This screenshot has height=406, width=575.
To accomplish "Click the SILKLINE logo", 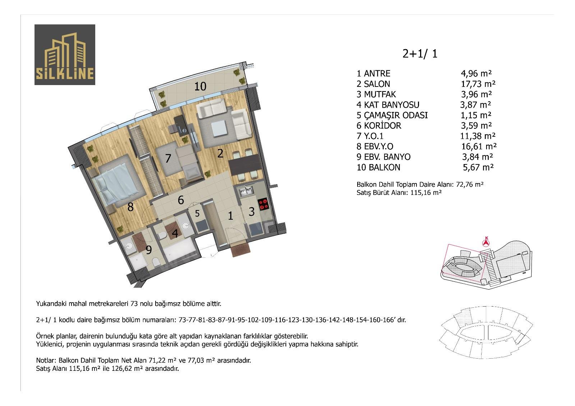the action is (65, 55).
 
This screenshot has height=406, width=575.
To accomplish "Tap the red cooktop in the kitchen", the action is (263, 204).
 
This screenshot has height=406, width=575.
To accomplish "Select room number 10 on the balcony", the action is (200, 87).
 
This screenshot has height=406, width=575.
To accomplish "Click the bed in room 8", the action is (118, 182).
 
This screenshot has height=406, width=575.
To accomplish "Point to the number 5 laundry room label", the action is (197, 213).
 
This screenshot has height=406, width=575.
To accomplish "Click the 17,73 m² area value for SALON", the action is (478, 84).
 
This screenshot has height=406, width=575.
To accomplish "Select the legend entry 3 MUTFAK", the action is (376, 94).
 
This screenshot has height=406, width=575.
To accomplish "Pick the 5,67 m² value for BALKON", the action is (478, 167).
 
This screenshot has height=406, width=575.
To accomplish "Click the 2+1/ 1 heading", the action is (420, 53).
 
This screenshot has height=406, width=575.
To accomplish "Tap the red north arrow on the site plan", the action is (486, 242).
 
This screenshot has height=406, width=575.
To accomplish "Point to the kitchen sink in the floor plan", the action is (246, 191).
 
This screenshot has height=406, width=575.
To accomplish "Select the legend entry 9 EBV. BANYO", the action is (383, 157).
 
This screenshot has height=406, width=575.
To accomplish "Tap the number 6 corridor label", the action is (181, 200).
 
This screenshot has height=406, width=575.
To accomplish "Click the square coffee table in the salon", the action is (219, 128).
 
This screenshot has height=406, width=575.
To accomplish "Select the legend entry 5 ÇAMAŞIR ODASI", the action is (392, 116).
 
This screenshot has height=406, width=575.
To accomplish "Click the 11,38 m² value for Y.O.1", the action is (478, 136).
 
